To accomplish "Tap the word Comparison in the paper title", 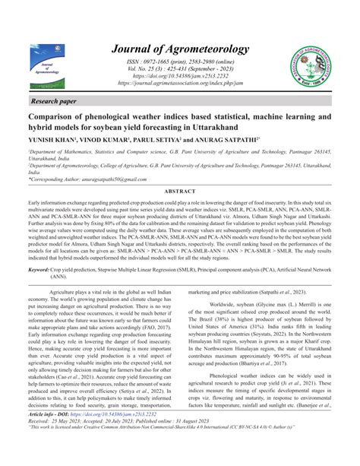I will (x=55, y=117).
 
